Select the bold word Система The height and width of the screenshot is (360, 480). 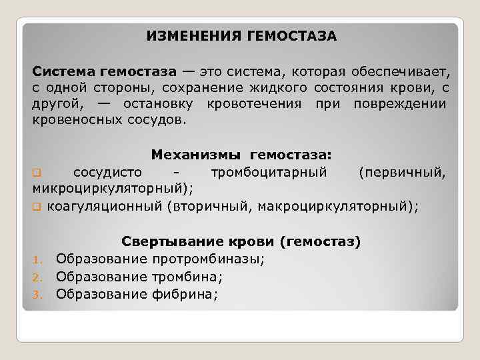click(x=64, y=71)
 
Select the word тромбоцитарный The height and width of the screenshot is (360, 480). click(x=269, y=173)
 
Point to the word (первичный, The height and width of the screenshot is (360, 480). click(x=403, y=173)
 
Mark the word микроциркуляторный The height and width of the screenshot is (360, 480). click(x=112, y=189)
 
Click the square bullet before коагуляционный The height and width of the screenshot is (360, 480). click(x=37, y=207)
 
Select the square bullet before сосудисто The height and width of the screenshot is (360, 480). click(x=37, y=173)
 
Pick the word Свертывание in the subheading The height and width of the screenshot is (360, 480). click(x=164, y=241)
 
